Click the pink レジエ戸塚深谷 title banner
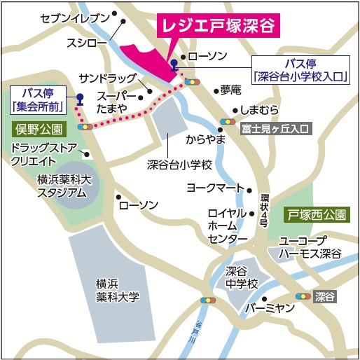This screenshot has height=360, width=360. (219, 27)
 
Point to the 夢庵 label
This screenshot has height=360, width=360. (230, 90)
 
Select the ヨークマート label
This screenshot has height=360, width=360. (214, 188)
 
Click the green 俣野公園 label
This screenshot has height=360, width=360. (38, 129)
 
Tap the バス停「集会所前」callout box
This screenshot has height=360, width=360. (39, 99)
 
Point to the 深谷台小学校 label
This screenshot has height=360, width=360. (179, 166)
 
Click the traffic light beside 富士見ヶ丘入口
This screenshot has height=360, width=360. (227, 120)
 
